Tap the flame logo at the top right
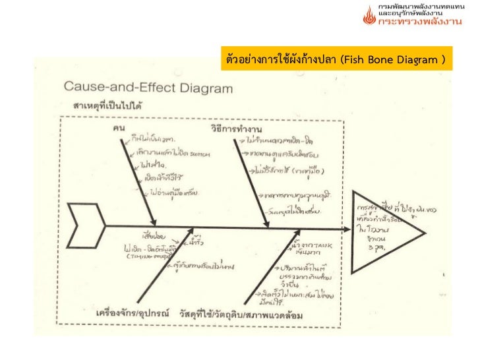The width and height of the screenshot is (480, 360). click(369, 15)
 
